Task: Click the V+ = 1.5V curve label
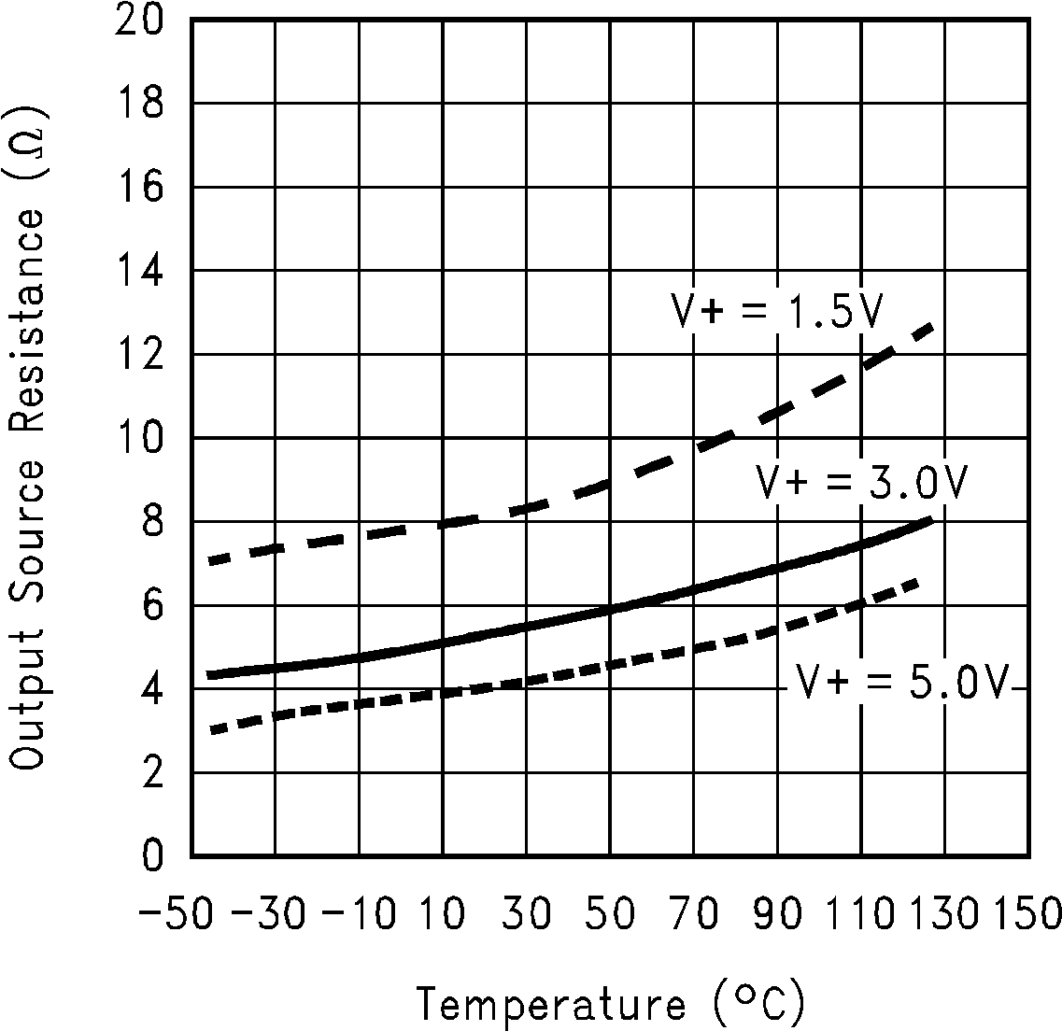(777, 313)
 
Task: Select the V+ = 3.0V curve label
(861, 484)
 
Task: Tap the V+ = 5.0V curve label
(902, 684)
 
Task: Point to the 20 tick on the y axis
(139, 20)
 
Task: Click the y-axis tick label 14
(139, 271)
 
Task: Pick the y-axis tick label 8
(153, 522)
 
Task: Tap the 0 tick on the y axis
(153, 856)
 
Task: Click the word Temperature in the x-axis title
(550, 1004)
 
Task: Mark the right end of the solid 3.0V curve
(931, 519)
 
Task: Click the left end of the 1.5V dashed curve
(212, 560)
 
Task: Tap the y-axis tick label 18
(139, 104)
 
